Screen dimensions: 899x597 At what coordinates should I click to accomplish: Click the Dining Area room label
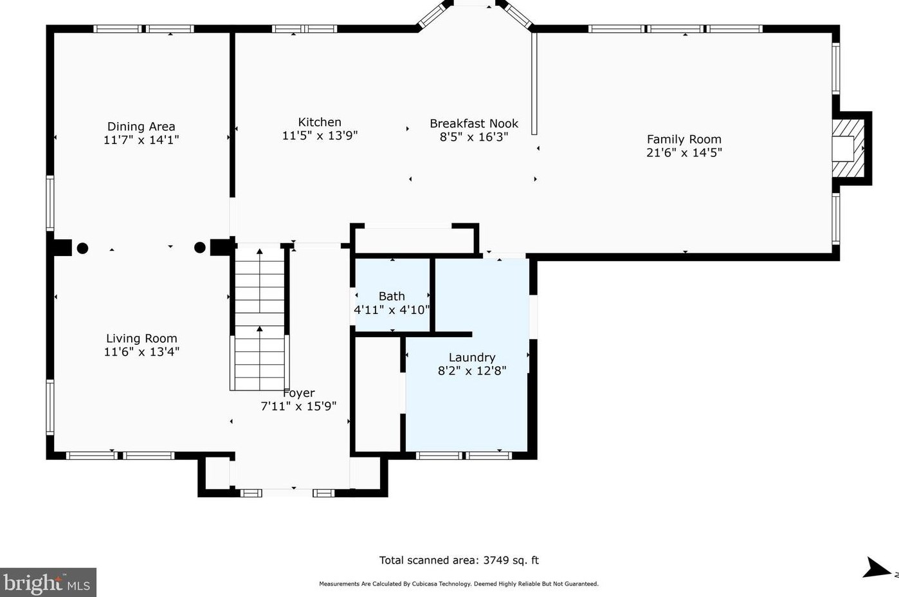tap(141, 127)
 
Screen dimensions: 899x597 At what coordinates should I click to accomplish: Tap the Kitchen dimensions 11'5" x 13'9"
tap(320, 136)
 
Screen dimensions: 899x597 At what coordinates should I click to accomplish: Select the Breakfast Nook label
tap(474, 124)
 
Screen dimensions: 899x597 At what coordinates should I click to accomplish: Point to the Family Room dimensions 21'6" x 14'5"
tap(684, 152)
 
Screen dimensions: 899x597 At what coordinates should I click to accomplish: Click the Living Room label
tap(141, 338)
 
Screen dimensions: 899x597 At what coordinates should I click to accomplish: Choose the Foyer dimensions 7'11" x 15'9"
tap(298, 407)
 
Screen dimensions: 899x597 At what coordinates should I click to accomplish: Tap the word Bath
tap(392, 297)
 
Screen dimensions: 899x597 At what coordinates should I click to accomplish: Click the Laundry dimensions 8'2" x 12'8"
tap(472, 371)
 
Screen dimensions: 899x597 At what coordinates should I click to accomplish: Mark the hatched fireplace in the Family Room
tap(848, 148)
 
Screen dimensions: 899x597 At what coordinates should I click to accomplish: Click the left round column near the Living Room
tap(82, 248)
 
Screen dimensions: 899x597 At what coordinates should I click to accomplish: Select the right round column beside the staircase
tap(200, 248)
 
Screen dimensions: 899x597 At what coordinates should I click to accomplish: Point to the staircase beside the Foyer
tap(260, 318)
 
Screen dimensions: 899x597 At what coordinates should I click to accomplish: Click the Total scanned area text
tap(459, 560)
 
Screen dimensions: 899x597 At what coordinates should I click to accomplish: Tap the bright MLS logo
tap(48, 582)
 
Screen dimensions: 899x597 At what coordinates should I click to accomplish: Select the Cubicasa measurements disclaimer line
tap(459, 583)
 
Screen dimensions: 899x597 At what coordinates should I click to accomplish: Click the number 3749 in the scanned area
tap(497, 560)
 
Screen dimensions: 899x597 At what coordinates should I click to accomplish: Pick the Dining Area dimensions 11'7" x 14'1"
tap(141, 140)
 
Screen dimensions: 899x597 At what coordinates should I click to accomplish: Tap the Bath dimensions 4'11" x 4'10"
tap(392, 310)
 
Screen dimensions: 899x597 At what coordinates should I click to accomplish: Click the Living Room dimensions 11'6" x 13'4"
tap(141, 352)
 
